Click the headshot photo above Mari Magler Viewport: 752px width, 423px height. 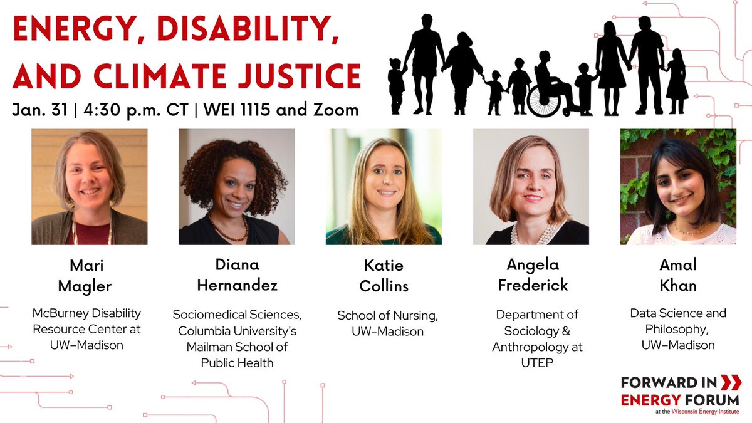click(90, 187)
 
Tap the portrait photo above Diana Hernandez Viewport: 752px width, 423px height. click(237, 187)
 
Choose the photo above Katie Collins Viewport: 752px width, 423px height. click(384, 187)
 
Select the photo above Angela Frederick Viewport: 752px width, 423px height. click(531, 187)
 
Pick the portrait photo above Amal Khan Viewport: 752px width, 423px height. click(678, 187)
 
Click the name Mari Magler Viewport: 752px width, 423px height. click(90, 276)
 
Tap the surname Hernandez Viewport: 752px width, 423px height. click(238, 286)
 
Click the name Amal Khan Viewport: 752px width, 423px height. click(678, 276)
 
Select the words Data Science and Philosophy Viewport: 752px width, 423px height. click(678, 321)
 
